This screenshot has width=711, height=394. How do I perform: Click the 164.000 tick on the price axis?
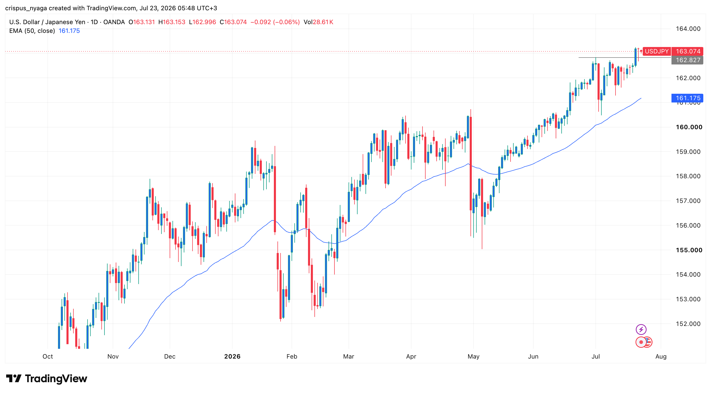[688, 29]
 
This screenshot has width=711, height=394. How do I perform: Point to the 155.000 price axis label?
[689, 250]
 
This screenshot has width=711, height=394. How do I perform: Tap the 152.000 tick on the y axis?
[688, 324]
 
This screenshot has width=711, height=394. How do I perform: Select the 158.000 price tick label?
[688, 176]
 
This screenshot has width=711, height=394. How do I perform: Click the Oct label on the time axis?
[48, 357]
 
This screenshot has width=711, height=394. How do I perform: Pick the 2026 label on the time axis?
[232, 357]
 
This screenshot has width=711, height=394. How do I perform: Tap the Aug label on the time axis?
[661, 357]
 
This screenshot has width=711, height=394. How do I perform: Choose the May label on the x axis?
[473, 357]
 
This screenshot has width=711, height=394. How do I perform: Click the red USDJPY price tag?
[657, 51]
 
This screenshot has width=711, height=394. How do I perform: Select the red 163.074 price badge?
[687, 51]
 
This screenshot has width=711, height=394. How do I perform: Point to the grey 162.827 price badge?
[687, 60]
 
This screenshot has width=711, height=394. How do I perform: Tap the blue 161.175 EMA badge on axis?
[687, 98]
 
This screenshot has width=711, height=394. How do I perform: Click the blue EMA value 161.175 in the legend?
[69, 31]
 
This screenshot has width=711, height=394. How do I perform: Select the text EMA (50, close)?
[32, 31]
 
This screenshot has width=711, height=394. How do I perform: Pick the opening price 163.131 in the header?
[144, 22]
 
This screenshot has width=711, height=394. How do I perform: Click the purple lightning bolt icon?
[641, 329]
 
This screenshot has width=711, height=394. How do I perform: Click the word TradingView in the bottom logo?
[56, 379]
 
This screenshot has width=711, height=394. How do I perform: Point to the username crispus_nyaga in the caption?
[26, 8]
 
